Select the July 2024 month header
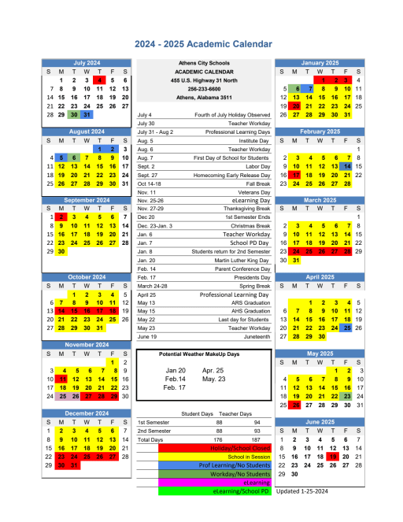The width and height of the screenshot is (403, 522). coord(87,62)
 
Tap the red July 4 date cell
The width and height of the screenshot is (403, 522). coord(99,80)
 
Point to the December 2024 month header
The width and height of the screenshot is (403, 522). coord(87,413)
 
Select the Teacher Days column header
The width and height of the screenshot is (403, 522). coord(235,414)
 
